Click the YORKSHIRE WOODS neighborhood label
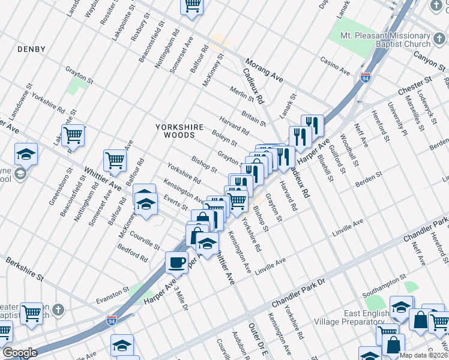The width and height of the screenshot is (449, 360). coord(175,131)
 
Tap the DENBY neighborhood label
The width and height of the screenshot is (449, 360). coord(31,48)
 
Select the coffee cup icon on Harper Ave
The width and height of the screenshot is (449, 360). coord(176,263)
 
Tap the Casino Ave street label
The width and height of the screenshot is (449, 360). coord(335,66)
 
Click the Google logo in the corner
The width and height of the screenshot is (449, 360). coord(20,353)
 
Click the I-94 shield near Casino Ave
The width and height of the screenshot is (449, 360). coord(366,77)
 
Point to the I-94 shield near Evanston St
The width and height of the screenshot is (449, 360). coord(111,320)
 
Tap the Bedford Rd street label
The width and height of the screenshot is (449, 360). coord(132,253)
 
